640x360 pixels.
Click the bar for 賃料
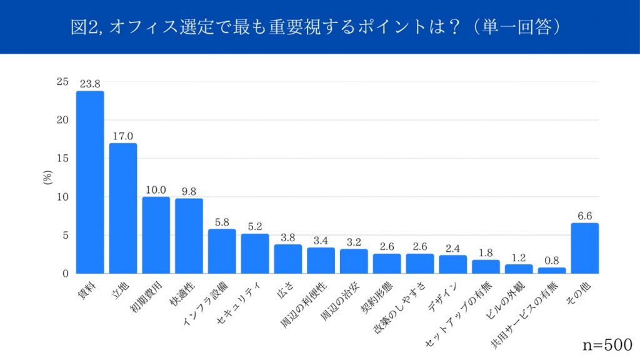coord(90,182)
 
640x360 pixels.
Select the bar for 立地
coord(123,208)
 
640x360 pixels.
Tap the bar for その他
coord(585,248)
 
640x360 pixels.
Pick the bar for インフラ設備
coord(222,251)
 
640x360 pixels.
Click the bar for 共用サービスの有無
coord(552,270)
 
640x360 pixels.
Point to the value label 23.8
coord(90,84)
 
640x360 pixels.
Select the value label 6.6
coord(585,216)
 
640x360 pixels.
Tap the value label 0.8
coord(552,261)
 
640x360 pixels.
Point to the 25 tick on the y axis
coord(62,82)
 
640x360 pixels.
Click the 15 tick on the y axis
coord(62,159)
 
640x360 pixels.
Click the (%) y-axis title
coord(47,177)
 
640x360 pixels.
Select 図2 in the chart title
coord(83,27)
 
